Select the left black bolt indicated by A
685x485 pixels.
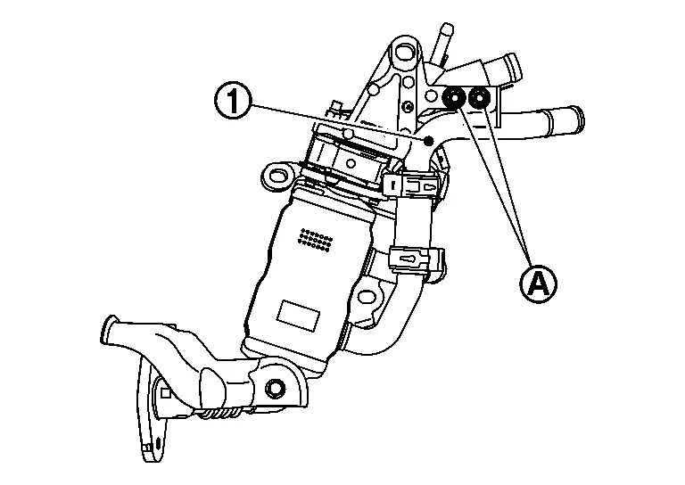point(453,98)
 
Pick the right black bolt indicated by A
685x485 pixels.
point(481,98)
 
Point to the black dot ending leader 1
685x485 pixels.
point(429,140)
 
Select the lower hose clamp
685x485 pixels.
point(412,259)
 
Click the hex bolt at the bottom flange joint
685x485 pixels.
point(275,387)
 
